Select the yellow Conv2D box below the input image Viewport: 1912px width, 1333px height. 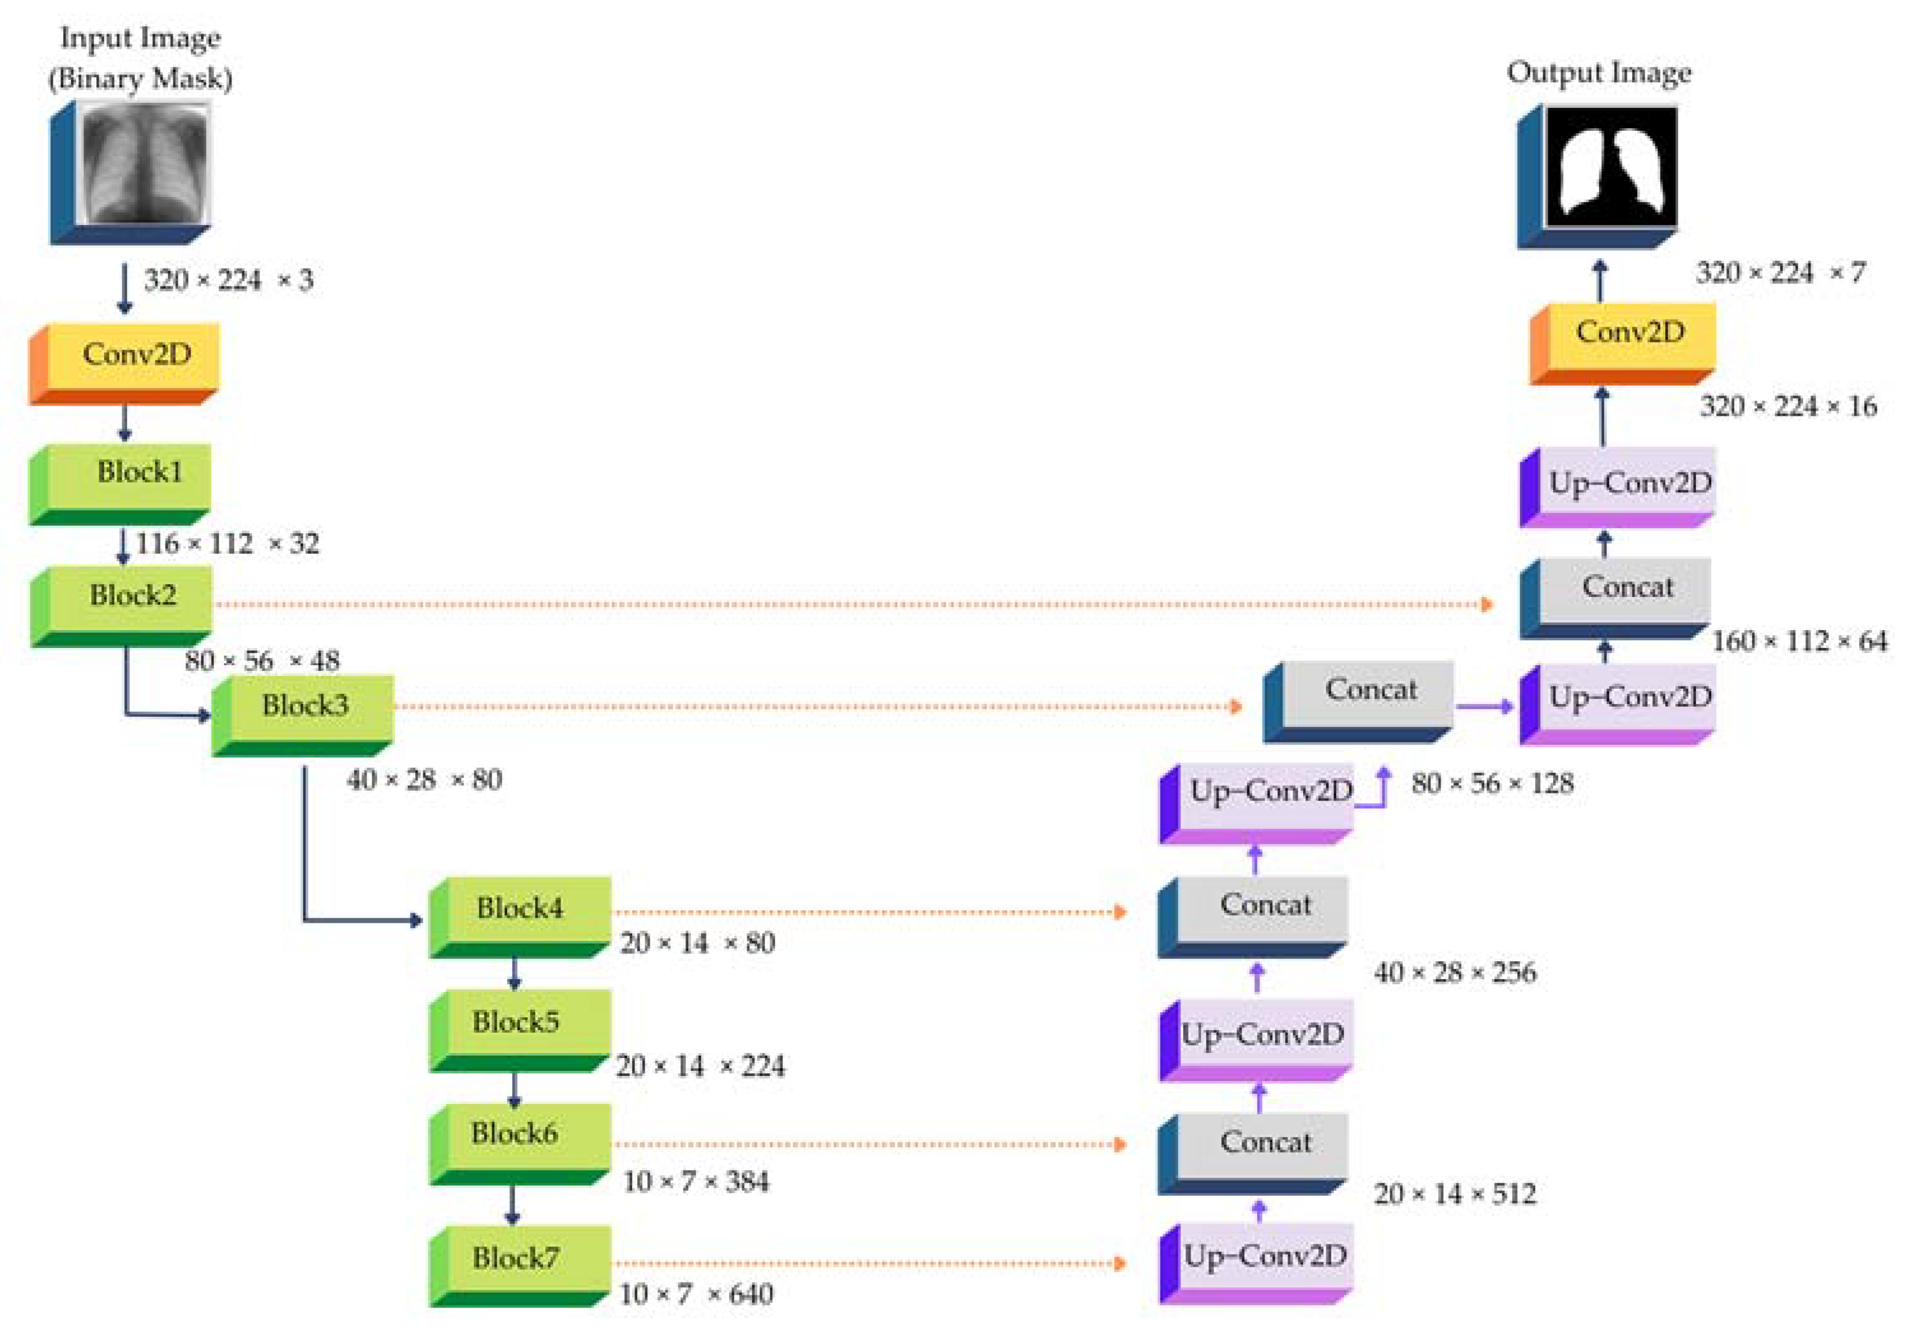click(133, 357)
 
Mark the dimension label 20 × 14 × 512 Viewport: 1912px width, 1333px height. click(1455, 1194)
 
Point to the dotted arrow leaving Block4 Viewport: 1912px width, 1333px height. click(866, 913)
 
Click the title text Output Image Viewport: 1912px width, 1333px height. click(1599, 73)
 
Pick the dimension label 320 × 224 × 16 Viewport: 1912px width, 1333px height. click(1788, 406)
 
